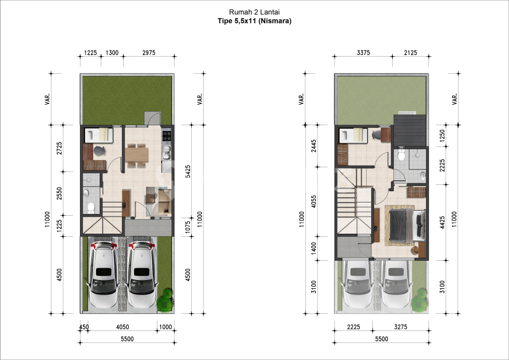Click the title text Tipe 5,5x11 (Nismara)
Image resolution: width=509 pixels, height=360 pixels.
(x=254, y=21)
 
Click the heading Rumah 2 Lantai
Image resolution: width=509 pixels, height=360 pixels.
(x=254, y=12)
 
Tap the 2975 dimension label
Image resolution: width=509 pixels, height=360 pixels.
(x=149, y=52)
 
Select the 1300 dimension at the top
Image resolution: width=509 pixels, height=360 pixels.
(x=112, y=52)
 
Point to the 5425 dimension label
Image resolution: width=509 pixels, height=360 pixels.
(x=188, y=171)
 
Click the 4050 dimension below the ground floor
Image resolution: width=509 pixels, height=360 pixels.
(x=123, y=327)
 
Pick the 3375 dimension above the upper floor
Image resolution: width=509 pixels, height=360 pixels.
(x=363, y=52)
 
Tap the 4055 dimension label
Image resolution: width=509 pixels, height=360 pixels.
(x=313, y=202)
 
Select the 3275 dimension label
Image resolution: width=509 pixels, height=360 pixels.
(x=400, y=327)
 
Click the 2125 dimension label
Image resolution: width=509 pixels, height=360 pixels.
(x=411, y=52)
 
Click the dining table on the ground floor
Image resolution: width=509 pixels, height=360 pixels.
(x=137, y=155)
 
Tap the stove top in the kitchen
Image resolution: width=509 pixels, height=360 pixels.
(x=167, y=136)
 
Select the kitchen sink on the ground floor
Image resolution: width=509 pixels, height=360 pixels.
(x=167, y=153)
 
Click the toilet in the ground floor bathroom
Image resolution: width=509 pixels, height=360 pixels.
(x=90, y=207)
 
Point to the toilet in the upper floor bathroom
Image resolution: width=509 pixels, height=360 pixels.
(x=401, y=155)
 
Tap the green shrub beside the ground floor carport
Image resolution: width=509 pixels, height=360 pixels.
(x=165, y=300)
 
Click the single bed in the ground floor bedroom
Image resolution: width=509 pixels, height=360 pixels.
(x=99, y=135)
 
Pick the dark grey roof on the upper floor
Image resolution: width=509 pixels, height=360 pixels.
(x=409, y=130)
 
